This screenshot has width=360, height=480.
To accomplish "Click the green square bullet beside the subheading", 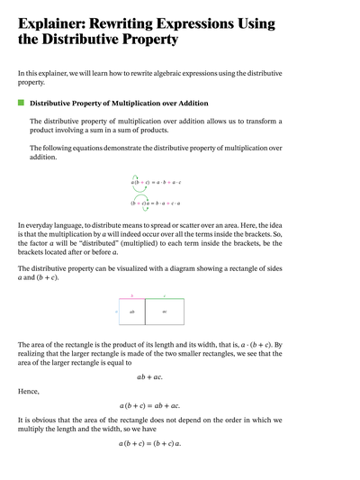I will click(x=21, y=104).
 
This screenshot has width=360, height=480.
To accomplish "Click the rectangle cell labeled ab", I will click(x=131, y=311).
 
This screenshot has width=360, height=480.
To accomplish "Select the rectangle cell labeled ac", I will click(x=164, y=311).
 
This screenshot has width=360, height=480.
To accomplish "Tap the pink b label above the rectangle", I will click(x=131, y=295).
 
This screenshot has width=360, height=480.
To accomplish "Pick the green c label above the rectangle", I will click(x=164, y=295).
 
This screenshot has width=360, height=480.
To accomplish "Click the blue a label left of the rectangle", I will click(x=116, y=311).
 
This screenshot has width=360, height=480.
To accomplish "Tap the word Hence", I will click(x=29, y=391).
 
